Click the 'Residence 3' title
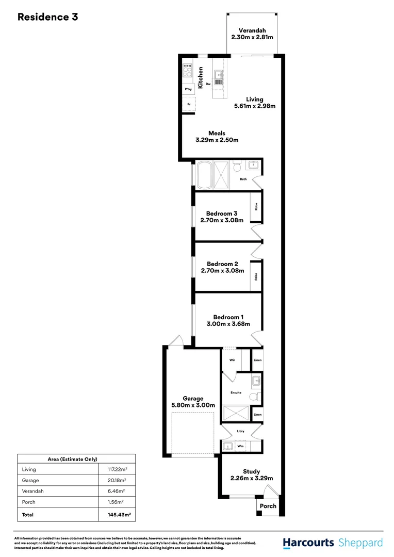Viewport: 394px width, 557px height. tap(47, 17)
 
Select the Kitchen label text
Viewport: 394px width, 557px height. tap(201, 77)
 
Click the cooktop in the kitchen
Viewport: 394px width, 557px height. tap(187, 71)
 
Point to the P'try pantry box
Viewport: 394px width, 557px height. tap(189, 90)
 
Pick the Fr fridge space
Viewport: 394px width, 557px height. tap(189, 104)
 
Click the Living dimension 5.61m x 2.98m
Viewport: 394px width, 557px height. tap(254, 107)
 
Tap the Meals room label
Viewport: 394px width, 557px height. tap(217, 133)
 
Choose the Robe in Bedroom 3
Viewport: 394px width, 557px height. tap(256, 207)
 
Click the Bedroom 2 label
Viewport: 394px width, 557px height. tap(222, 264)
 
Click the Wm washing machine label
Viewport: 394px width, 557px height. tap(240, 446)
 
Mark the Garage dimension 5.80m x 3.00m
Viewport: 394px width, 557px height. tap(193, 405)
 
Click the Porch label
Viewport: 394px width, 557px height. tap(268, 506)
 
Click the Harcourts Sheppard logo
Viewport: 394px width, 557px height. tap(333, 543)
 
